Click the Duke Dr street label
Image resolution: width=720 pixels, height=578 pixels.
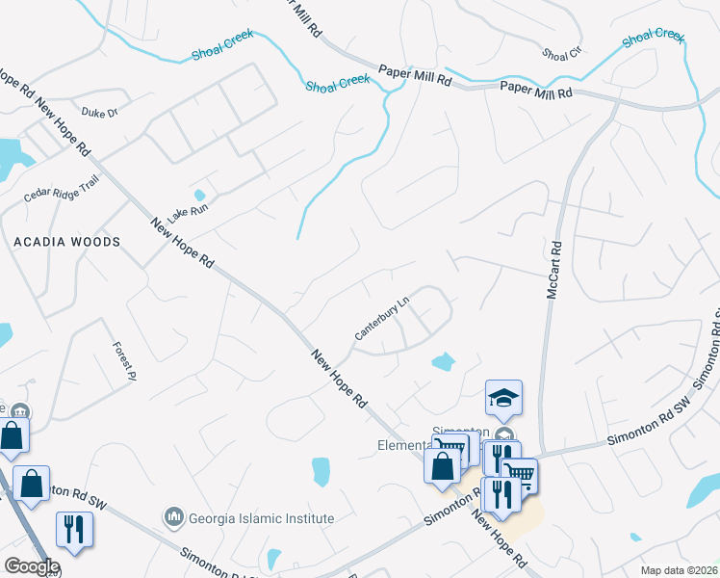[100, 113]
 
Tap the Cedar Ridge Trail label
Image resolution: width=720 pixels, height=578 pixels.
[62, 191]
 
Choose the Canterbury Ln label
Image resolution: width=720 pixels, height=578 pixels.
[382, 318]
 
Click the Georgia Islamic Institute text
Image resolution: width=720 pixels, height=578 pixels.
[260, 518]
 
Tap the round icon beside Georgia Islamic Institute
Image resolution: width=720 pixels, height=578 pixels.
[174, 518]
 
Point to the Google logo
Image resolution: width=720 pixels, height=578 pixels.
[32, 566]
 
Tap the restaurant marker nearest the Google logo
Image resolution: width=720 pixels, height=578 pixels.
[73, 529]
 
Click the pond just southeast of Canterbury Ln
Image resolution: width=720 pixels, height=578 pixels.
[443, 362]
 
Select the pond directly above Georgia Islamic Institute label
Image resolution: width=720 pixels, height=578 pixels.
[321, 471]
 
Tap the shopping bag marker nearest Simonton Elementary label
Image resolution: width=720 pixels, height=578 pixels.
[443, 465]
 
